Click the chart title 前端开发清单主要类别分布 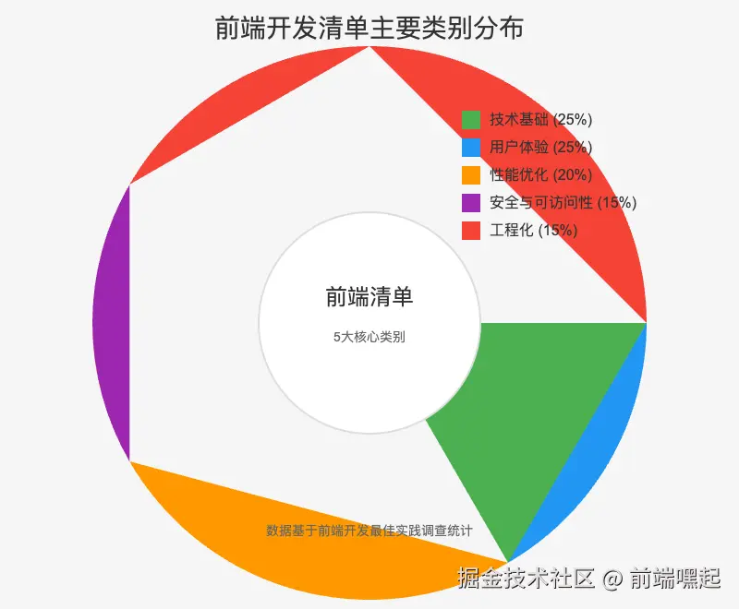pyautogui.click(x=369, y=29)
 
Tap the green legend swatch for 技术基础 pyautogui.click(x=471, y=120)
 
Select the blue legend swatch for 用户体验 pyautogui.click(x=471, y=148)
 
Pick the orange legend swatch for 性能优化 pyautogui.click(x=471, y=175)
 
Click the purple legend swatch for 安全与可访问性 pyautogui.click(x=471, y=203)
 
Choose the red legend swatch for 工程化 pyautogui.click(x=471, y=231)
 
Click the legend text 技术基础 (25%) pyautogui.click(x=540, y=120)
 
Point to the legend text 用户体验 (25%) pyautogui.click(x=540, y=148)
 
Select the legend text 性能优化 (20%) pyautogui.click(x=540, y=175)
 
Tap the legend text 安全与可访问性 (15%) pyautogui.click(x=563, y=203)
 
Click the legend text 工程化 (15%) pyautogui.click(x=534, y=231)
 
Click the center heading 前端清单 pyautogui.click(x=369, y=297)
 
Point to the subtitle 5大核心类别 pyautogui.click(x=369, y=338)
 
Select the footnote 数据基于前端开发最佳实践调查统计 pyautogui.click(x=369, y=531)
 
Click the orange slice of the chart pyautogui.click(x=277, y=544)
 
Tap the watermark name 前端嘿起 pyautogui.click(x=674, y=579)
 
